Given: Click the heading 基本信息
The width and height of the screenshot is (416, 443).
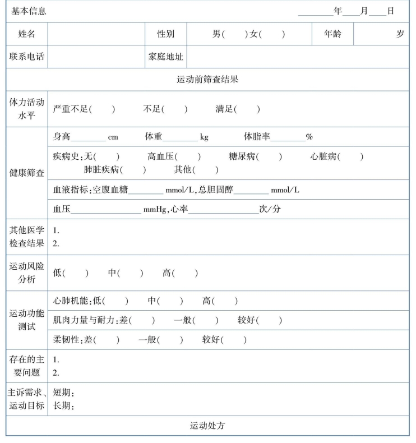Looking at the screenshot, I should pyautogui.click(x=29, y=11).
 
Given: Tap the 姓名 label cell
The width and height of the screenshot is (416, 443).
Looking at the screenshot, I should pyautogui.click(x=26, y=34).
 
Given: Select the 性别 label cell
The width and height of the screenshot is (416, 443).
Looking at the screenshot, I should pyautogui.click(x=165, y=34).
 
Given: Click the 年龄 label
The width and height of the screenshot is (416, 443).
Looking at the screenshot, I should pyautogui.click(x=332, y=34).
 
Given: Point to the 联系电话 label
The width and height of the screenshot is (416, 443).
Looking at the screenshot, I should pyautogui.click(x=26, y=57).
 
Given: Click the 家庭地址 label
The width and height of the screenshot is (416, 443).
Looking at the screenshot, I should pyautogui.click(x=165, y=57).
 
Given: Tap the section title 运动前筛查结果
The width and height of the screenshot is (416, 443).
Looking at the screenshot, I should pyautogui.click(x=207, y=80).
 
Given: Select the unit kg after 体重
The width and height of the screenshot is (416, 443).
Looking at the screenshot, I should pyautogui.click(x=204, y=137).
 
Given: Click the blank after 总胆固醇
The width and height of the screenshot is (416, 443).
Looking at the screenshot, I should pyautogui.click(x=251, y=190).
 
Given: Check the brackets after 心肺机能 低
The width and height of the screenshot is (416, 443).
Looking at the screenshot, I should pyautogui.click(x=116, y=301).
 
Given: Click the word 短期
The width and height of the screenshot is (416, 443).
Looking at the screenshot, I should pyautogui.click(x=63, y=393).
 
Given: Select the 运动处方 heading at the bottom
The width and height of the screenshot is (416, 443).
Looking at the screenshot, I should pyautogui.click(x=207, y=426).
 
